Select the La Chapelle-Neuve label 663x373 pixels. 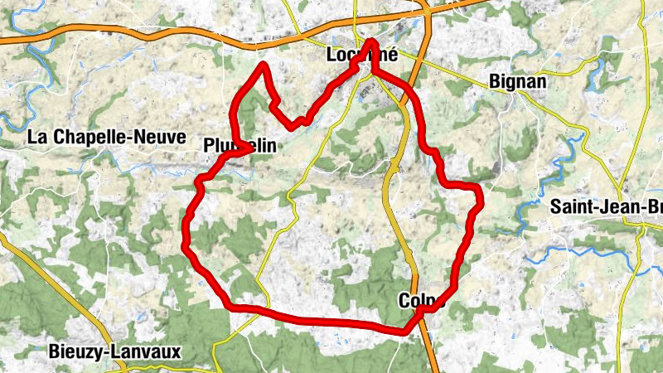click(106, 138)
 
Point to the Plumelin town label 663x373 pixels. click(238, 146)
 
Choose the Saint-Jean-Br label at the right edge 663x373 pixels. click(606, 207)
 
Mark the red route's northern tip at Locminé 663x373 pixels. click(370, 41)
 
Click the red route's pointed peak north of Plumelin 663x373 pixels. click(264, 65)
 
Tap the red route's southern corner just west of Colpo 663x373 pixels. click(406, 330)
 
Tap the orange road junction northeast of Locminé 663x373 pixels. click(425, 11)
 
